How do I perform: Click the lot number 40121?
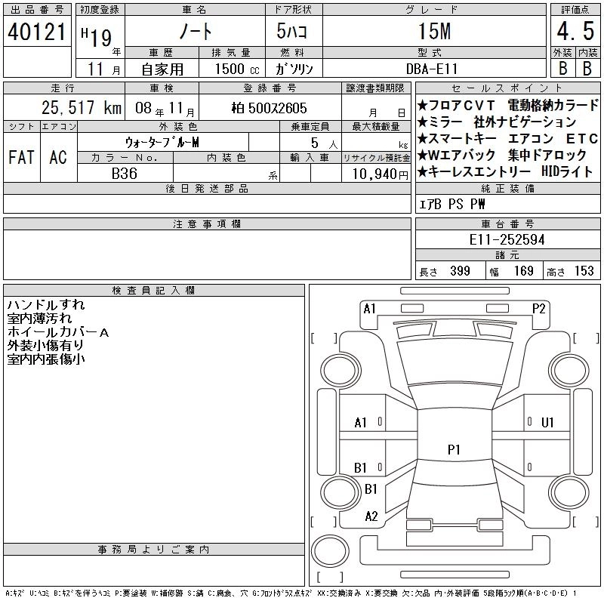point(36,32)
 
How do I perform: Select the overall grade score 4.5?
point(575,31)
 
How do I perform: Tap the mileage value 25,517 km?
point(82,108)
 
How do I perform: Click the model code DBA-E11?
point(432,69)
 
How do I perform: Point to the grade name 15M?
point(435,31)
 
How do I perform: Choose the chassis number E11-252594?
point(507,239)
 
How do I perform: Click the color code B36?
point(125,174)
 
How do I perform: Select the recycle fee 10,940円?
point(381,174)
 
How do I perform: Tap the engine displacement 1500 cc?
point(237,69)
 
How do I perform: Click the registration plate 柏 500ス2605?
point(270,108)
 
